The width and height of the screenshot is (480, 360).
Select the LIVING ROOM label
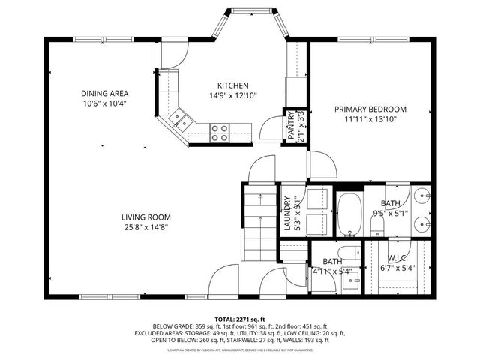coord(145,217)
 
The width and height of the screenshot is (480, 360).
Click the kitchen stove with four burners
coord(220,133)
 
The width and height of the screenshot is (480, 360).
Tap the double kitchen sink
coord(180,118)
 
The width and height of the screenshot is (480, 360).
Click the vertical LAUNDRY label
coord(286,213)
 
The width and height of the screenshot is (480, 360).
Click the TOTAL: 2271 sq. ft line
coord(239,319)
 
